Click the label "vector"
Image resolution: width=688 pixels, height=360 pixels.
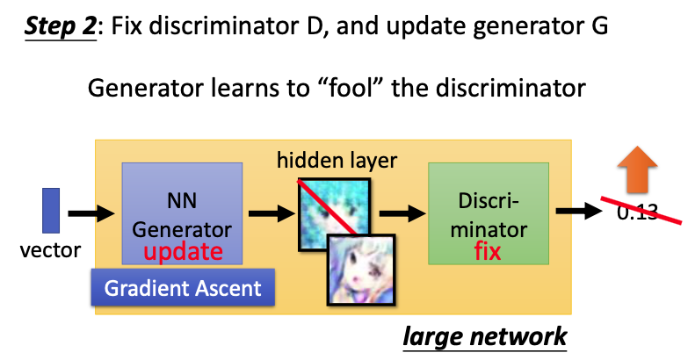[50, 250]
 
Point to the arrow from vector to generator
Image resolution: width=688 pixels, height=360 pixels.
[92, 213]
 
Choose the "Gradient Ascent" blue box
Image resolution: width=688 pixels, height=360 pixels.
[183, 287]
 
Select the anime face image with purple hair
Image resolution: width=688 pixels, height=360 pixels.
[361, 269]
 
